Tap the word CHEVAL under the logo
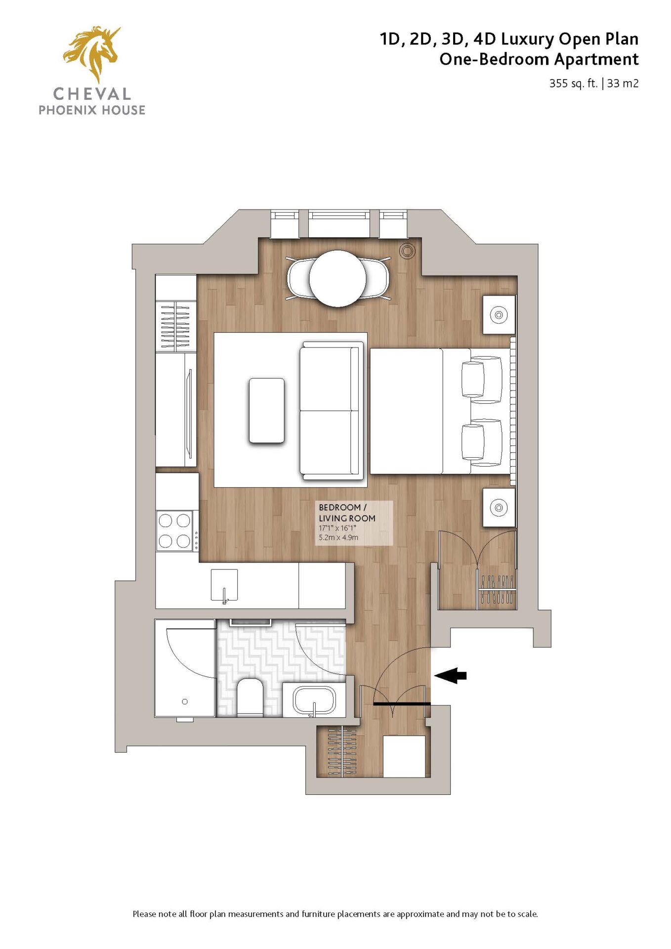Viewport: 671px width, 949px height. coord(92,94)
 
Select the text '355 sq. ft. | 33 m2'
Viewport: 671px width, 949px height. coord(593,84)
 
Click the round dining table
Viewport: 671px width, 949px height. coord(338,278)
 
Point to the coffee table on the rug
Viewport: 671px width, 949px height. coord(267,410)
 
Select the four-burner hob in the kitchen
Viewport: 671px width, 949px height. coord(174,530)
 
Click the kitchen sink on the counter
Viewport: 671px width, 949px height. coord(224,585)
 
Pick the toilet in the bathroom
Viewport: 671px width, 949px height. coord(250,697)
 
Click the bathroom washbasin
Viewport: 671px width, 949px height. coord(314,700)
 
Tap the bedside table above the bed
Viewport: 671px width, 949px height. coord(499,314)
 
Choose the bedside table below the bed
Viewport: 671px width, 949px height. coord(499,508)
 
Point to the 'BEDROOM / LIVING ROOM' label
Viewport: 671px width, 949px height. coord(347,513)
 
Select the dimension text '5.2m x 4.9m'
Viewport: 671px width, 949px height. coord(338,538)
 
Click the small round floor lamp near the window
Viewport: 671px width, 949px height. coord(408,251)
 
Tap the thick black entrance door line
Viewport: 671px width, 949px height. coord(402,703)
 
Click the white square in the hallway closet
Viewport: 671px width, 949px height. coord(404,756)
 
